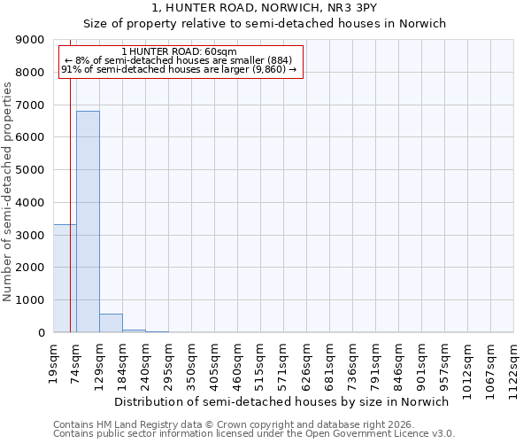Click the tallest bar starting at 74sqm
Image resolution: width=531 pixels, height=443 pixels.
[88, 221]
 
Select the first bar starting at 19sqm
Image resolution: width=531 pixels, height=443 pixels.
[65, 278]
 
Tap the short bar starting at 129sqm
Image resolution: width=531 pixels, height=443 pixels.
[111, 323]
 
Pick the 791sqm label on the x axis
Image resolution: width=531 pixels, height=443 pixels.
[375, 363]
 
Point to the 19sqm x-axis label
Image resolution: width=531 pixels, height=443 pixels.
[53, 361]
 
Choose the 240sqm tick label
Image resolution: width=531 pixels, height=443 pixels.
[145, 363]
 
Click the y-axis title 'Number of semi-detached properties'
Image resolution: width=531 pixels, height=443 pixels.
[8, 191]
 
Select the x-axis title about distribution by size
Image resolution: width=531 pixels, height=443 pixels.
[281, 401]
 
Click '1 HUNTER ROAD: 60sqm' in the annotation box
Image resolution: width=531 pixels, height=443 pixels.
[180, 52]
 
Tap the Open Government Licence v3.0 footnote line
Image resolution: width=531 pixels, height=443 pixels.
[254, 434]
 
